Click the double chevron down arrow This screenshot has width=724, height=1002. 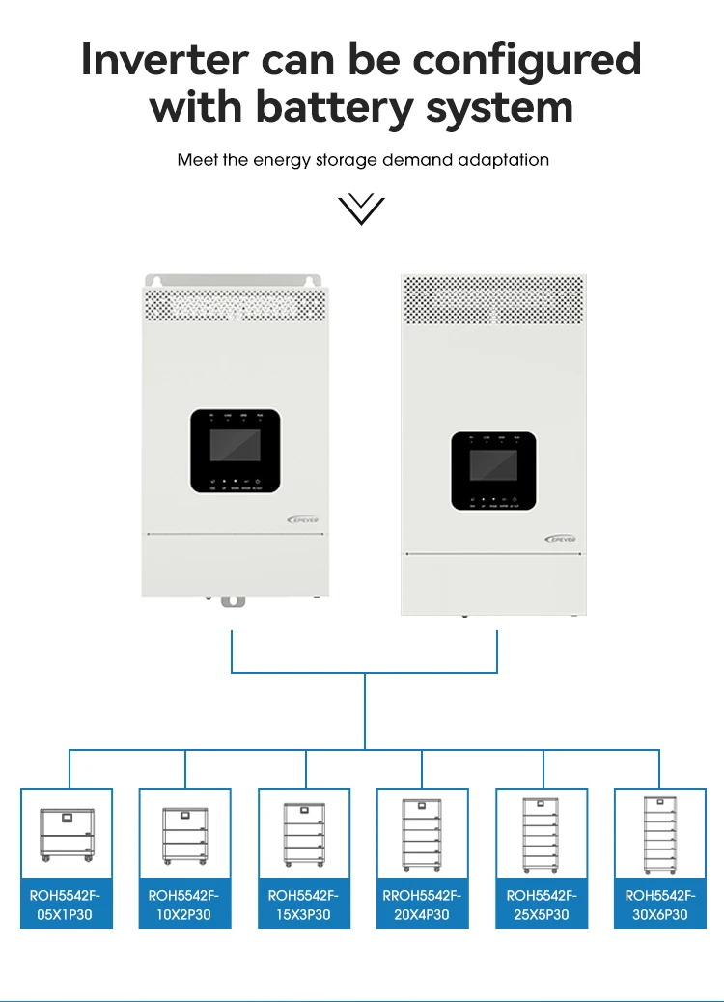point(362,208)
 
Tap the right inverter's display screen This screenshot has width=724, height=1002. point(493,466)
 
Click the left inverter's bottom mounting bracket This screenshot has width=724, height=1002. point(233,601)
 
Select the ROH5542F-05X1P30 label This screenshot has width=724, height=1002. point(67,905)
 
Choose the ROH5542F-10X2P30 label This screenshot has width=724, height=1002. point(184,905)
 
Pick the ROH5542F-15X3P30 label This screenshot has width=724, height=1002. point(304,905)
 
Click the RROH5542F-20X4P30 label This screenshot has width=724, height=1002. point(422,905)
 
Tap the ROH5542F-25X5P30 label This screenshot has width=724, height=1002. point(542,905)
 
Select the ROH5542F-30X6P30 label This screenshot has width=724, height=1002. point(660,905)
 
